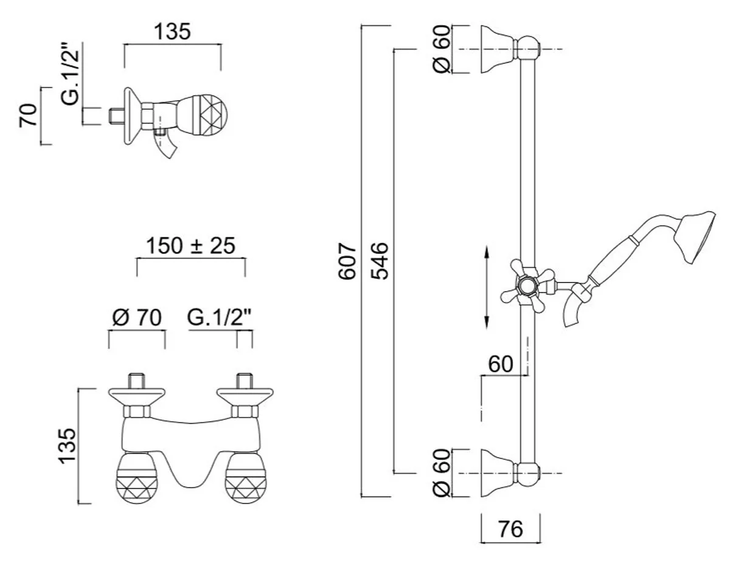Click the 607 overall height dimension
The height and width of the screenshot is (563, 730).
tap(347, 261)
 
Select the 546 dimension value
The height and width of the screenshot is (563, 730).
tap(380, 261)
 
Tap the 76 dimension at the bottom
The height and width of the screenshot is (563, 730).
tap(510, 530)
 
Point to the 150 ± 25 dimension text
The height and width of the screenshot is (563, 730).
tap(190, 246)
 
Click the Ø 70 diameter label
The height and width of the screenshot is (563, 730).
tap(137, 317)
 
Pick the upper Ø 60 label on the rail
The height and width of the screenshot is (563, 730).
tap(442, 49)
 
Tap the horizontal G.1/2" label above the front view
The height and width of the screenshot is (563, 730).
tap(220, 317)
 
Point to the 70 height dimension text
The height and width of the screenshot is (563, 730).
tap(27, 115)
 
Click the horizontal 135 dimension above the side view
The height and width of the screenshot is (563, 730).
tap(172, 32)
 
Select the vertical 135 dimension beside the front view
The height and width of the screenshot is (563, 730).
tap(68, 446)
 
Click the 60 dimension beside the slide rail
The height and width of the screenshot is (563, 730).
tap(501, 364)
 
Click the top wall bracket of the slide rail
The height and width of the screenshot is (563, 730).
tap(510, 49)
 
